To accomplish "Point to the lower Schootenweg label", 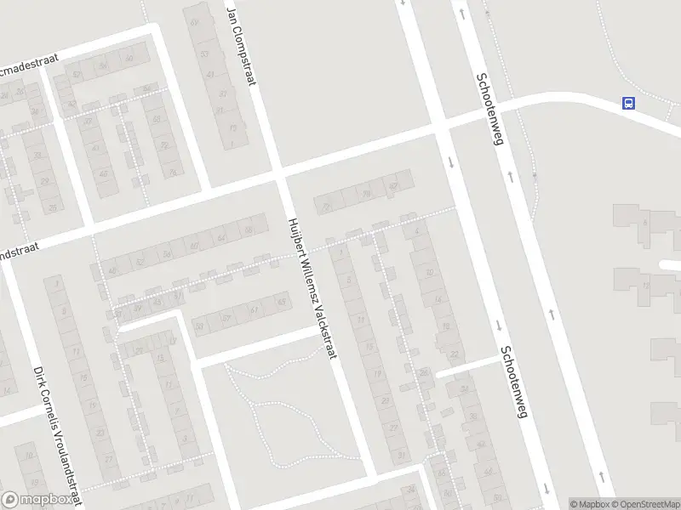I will pos(516,382).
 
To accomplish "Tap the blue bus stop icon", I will pos(628,104).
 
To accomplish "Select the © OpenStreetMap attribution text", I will pos(644,503).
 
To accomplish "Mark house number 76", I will pos(173,172).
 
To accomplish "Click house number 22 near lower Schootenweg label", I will pos(454,354).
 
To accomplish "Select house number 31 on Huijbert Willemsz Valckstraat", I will pos(401,456).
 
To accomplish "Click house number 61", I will pos(254,309).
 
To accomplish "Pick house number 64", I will pos(223,237).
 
